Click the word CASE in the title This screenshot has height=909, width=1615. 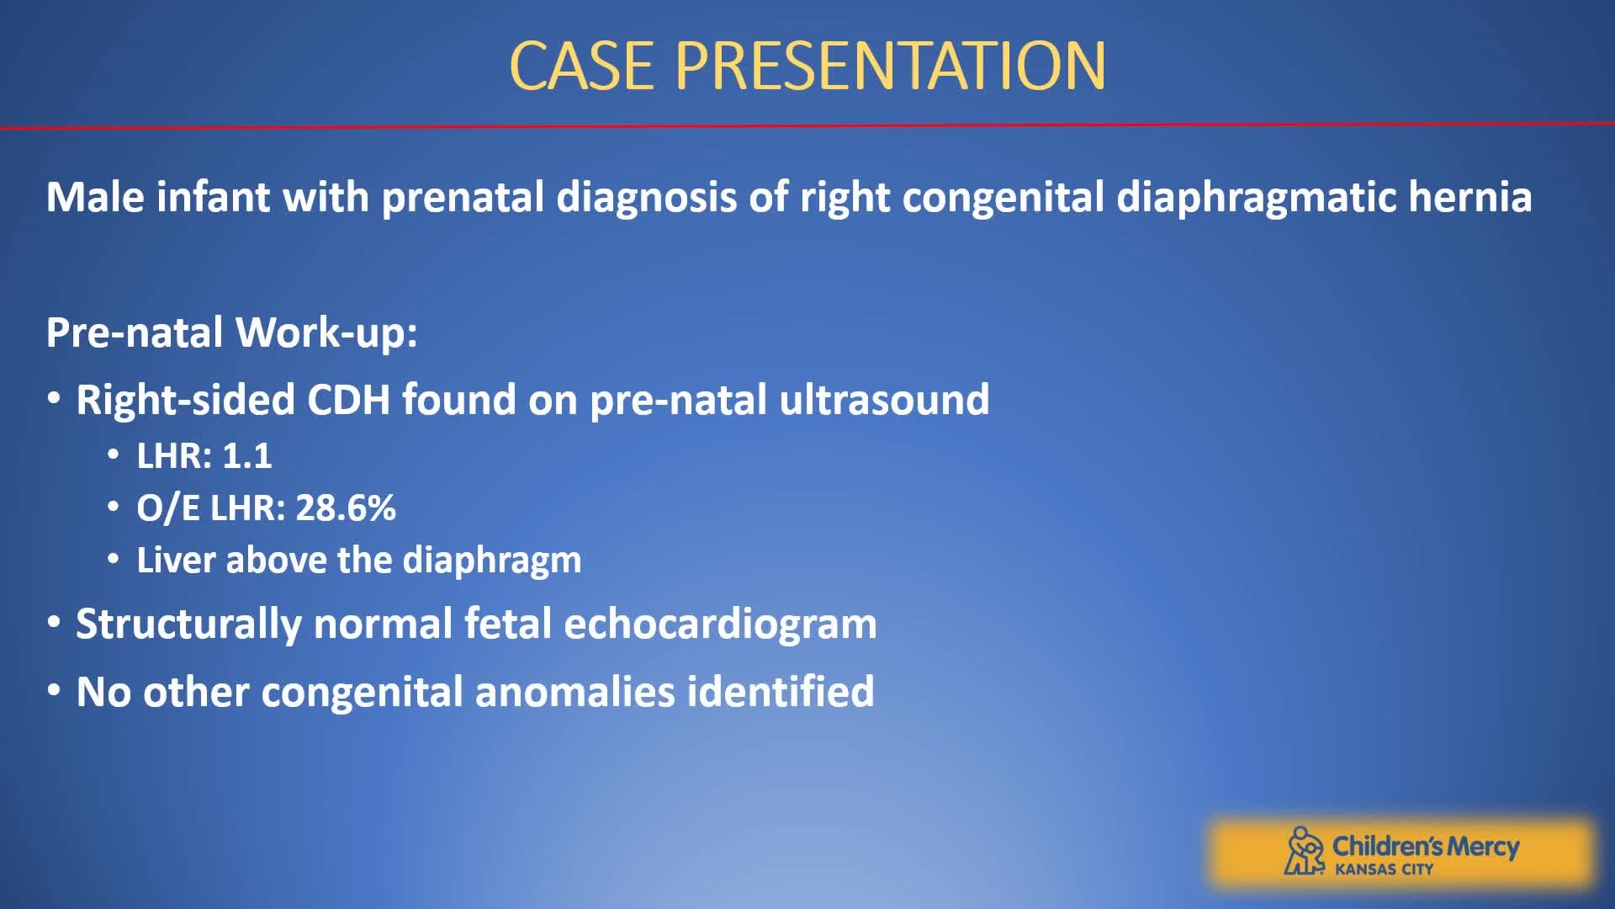(581, 66)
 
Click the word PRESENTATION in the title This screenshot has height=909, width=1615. (890, 66)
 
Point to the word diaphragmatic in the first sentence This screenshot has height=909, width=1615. (1256, 197)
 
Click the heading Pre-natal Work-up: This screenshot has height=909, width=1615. (231, 332)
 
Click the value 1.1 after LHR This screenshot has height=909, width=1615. (246, 456)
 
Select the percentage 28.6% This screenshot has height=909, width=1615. (345, 508)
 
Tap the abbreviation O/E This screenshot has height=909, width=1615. (167, 508)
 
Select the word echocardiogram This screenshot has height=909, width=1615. (720, 625)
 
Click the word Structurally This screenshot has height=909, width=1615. (188, 625)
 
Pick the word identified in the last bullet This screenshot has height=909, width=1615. (781, 692)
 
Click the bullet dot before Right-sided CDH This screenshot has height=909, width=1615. (54, 399)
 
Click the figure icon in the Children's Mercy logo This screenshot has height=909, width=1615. (1303, 851)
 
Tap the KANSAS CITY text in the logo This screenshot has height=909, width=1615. (1384, 869)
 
